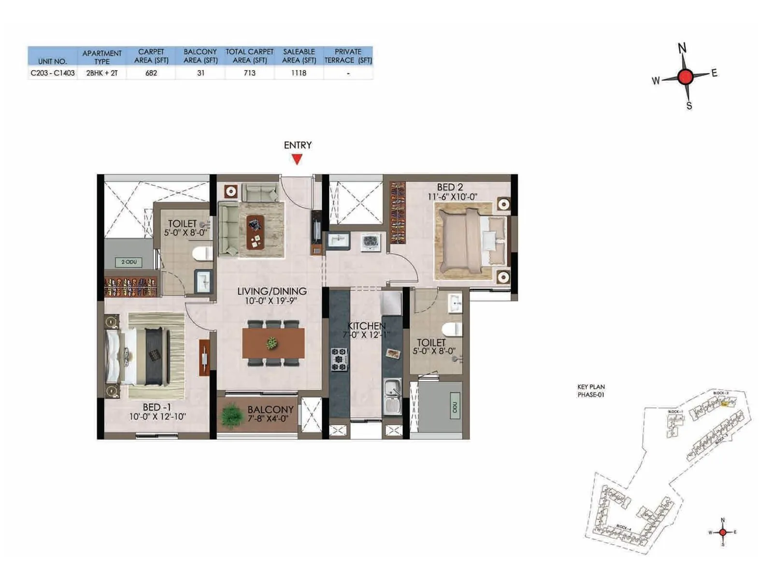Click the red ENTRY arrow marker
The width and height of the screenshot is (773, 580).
click(297, 159)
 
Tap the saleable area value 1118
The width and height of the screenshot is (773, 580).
click(299, 73)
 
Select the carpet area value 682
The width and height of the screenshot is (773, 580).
click(151, 73)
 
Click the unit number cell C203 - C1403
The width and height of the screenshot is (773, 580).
click(53, 73)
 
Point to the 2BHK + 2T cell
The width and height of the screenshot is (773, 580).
click(102, 73)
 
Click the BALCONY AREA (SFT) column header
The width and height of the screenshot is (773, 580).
click(200, 56)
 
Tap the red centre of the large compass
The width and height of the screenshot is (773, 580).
click(685, 77)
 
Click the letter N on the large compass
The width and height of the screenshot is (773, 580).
click(682, 48)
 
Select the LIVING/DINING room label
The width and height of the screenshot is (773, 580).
click(272, 291)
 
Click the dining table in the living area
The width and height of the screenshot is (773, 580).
click(273, 343)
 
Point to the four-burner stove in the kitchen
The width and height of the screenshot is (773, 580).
click(339, 359)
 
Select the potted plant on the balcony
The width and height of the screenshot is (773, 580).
click(232, 415)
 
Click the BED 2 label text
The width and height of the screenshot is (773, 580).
click(450, 187)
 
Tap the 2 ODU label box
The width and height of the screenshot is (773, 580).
click(129, 262)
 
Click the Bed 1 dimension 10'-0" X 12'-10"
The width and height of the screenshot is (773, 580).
click(157, 417)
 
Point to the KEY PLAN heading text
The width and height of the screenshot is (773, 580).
click(591, 387)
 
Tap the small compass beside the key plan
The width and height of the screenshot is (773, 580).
click(723, 532)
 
